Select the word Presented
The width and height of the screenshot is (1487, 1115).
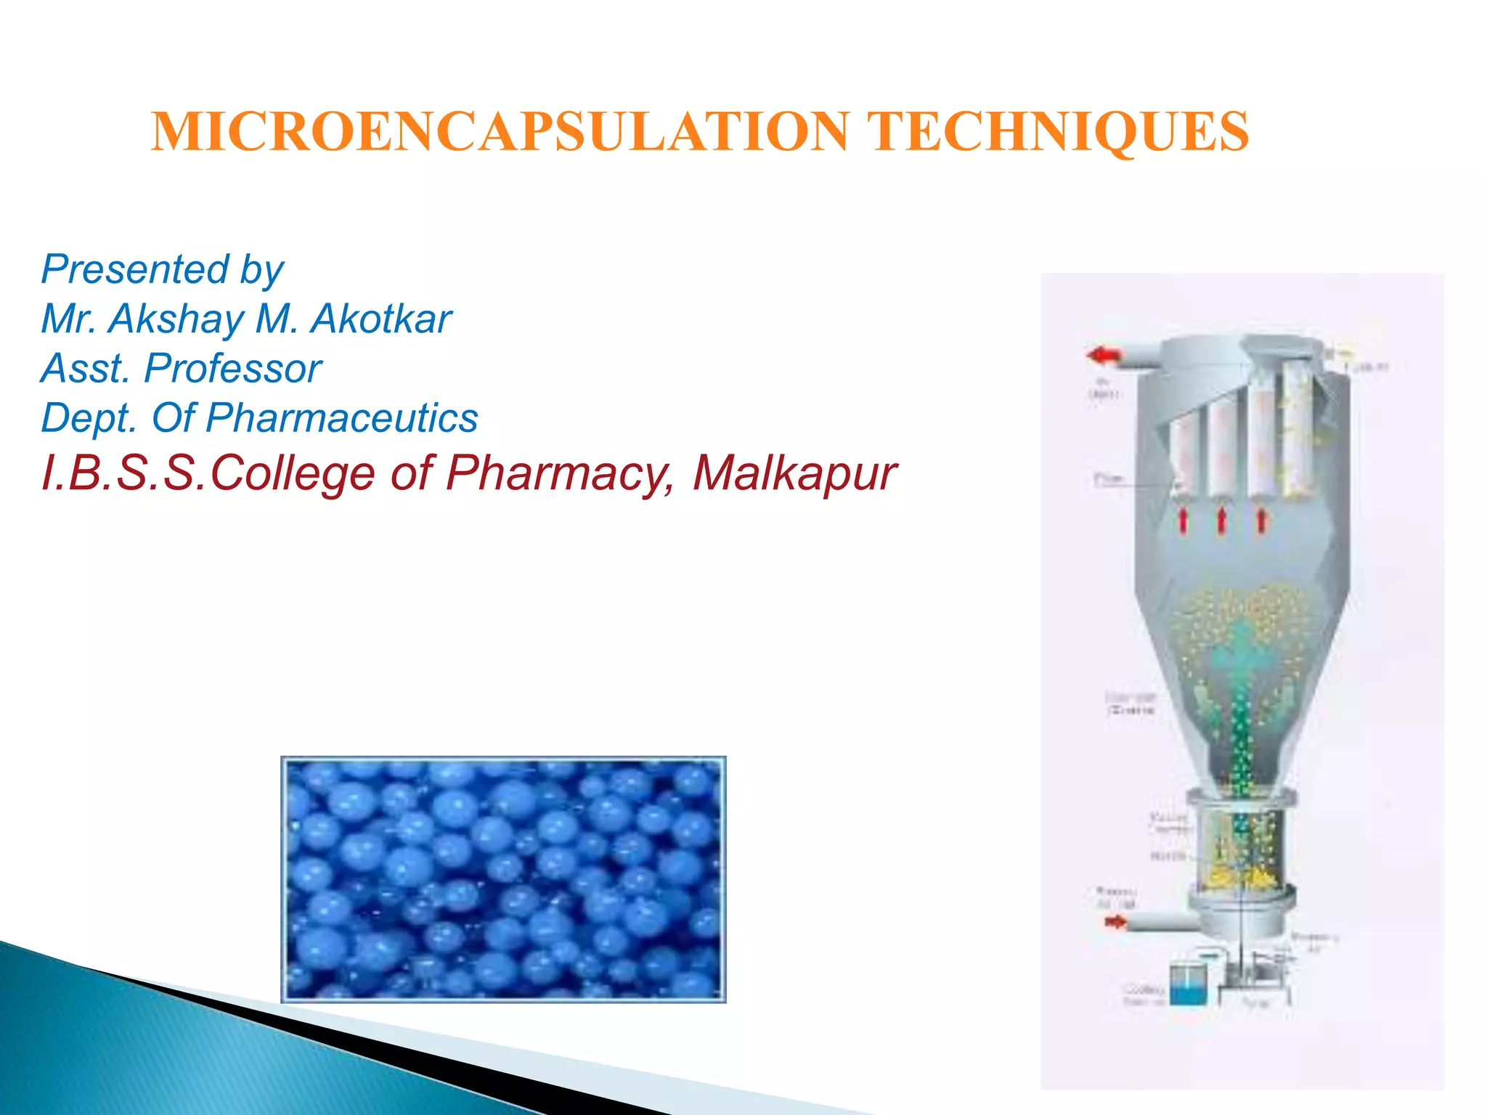[x=135, y=269]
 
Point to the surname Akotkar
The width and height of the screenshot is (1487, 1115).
[x=380, y=319]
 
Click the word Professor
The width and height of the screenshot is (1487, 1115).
[x=232, y=369]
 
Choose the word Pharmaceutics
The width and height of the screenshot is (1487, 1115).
[x=341, y=419]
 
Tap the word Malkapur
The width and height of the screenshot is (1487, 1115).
[x=794, y=473]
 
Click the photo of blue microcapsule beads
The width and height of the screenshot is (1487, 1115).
[x=503, y=879]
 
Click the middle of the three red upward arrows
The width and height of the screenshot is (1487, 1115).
[x=1221, y=520]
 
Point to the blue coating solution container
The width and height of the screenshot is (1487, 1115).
[x=1188, y=986]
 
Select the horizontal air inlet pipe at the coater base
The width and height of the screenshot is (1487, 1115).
[x=1162, y=923]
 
